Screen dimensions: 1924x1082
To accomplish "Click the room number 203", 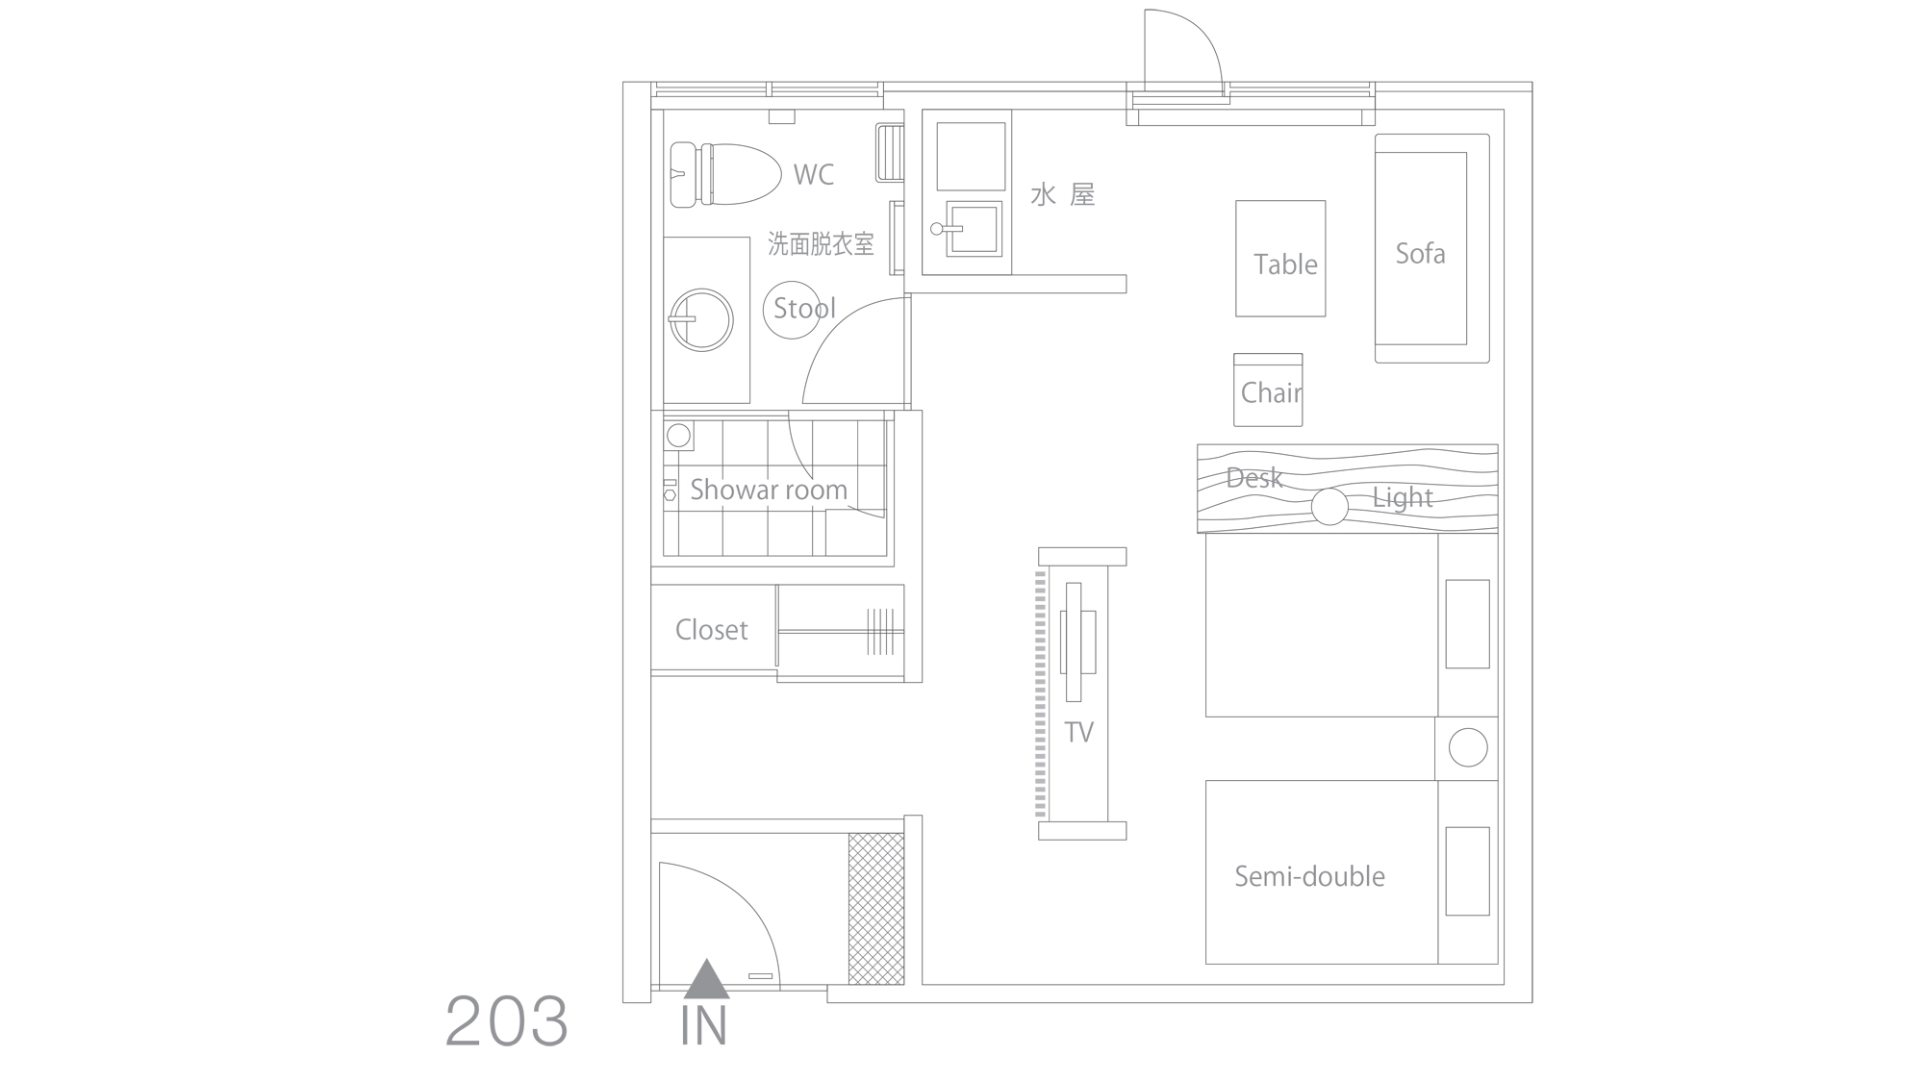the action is tap(507, 1020).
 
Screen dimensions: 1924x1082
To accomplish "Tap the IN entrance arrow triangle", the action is tap(707, 979).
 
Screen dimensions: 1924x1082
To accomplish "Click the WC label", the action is tap(814, 174).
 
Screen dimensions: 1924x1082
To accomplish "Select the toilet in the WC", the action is tap(724, 174).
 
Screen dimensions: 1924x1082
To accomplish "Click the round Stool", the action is tap(793, 309).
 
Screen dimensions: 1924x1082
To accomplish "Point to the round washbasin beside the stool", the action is tap(701, 319).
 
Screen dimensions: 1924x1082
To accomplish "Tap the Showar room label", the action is tap(769, 490).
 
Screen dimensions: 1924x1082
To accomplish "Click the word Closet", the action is tap(712, 630).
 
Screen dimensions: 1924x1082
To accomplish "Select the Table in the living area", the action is tap(1280, 259).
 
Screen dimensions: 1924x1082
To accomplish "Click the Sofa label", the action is tap(1421, 253).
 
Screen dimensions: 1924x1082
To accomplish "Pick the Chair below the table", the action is tap(1268, 390).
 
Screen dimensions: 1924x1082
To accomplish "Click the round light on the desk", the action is tap(1329, 507).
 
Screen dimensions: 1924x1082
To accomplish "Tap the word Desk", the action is tap(1254, 477).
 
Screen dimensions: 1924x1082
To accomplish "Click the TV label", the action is tap(1079, 733).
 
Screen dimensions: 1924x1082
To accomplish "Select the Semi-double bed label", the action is tap(1310, 876).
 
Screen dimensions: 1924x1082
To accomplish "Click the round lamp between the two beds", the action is tap(1468, 747).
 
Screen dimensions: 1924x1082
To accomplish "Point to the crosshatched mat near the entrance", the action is tap(876, 908).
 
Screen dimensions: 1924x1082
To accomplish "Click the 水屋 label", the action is tap(1063, 195).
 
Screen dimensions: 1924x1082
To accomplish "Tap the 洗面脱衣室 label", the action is tap(821, 244).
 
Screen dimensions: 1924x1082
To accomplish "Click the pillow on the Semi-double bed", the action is tap(1468, 871).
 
